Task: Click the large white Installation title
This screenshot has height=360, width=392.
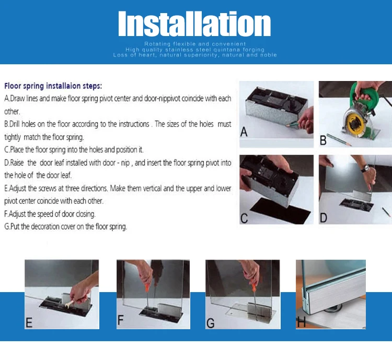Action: (x=194, y=24)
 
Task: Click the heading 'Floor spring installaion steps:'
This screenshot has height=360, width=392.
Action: (x=53, y=86)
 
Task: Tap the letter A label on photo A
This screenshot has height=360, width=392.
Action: (x=244, y=132)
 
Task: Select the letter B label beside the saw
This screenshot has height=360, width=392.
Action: (x=323, y=140)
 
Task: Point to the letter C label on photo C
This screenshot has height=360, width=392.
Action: (x=244, y=218)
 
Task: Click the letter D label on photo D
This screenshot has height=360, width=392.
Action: (x=323, y=218)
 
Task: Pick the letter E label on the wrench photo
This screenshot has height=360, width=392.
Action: (x=29, y=322)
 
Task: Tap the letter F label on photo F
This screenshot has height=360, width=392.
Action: (x=121, y=320)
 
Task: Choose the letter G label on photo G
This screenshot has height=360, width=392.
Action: (x=211, y=323)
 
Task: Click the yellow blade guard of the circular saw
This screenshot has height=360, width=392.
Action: (x=355, y=123)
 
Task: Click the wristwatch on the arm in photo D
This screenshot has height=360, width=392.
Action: (x=366, y=168)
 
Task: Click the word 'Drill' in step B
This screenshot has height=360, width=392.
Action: (x=15, y=124)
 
